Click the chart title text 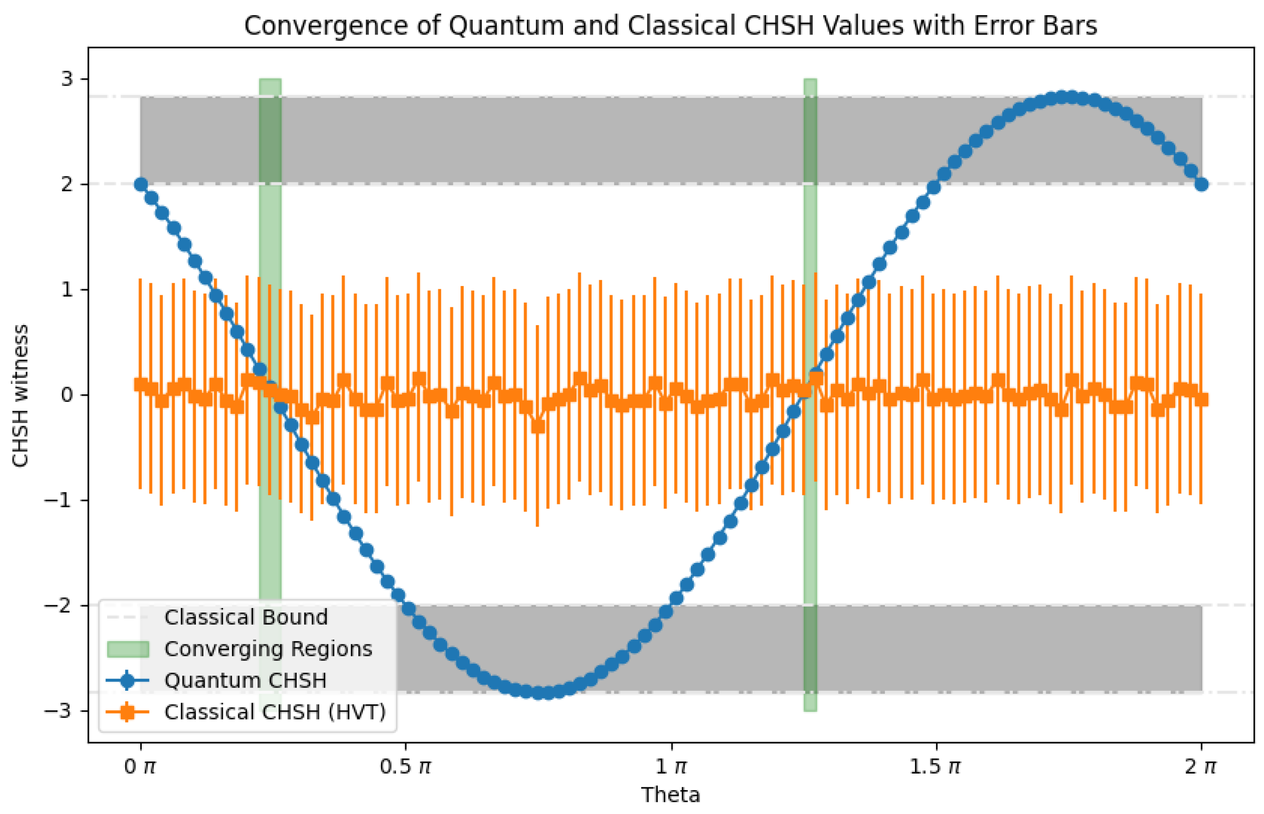(x=670, y=25)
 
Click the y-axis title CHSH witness (x=20, y=396)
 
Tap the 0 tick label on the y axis (x=67, y=395)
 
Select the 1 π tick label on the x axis (x=671, y=766)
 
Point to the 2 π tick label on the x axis (x=1201, y=766)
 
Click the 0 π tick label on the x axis (x=140, y=766)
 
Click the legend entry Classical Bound (x=246, y=617)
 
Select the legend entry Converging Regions (x=268, y=648)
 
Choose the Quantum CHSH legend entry (x=245, y=680)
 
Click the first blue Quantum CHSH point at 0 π (x=141, y=184)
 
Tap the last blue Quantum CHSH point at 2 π (x=1201, y=184)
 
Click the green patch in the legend (x=127, y=649)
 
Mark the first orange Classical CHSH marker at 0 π (x=141, y=384)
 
